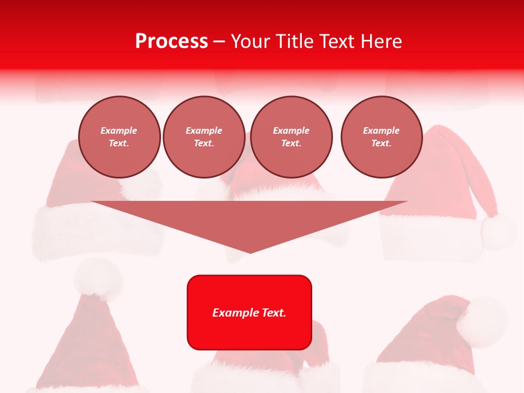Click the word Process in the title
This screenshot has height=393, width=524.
(171, 41)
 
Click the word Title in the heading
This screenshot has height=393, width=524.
(295, 41)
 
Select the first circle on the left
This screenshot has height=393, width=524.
(120, 137)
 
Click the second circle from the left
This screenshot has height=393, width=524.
(204, 137)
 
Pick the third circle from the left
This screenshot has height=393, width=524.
(291, 137)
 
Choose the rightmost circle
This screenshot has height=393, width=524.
(382, 137)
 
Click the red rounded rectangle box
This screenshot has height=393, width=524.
(249, 312)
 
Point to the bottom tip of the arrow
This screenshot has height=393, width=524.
(250, 252)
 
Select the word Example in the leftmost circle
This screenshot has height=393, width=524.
(119, 131)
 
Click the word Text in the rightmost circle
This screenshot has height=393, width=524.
(381, 144)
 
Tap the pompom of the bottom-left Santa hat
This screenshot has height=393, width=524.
(99, 278)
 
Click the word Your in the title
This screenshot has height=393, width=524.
(251, 41)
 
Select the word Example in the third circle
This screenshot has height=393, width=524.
(291, 131)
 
